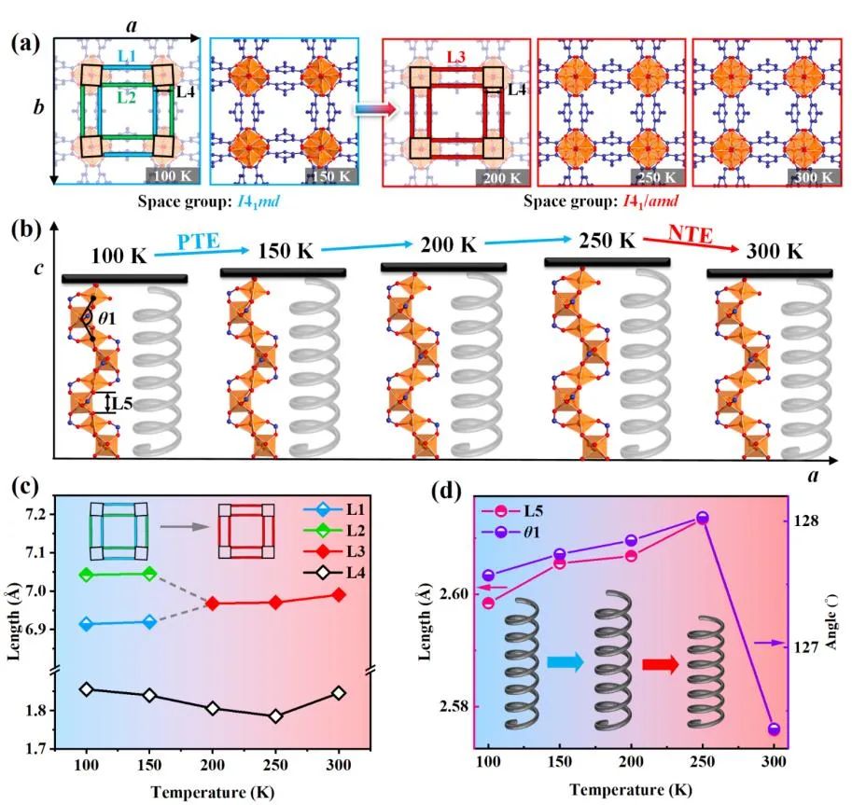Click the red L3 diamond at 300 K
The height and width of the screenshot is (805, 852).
pyautogui.click(x=339, y=594)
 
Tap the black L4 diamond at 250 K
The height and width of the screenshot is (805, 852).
pyautogui.click(x=275, y=716)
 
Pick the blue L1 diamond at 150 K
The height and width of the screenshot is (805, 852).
pyautogui.click(x=149, y=621)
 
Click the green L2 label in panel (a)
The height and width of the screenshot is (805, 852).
pyautogui.click(x=125, y=93)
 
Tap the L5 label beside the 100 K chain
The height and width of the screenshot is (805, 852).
pyautogui.click(x=121, y=404)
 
